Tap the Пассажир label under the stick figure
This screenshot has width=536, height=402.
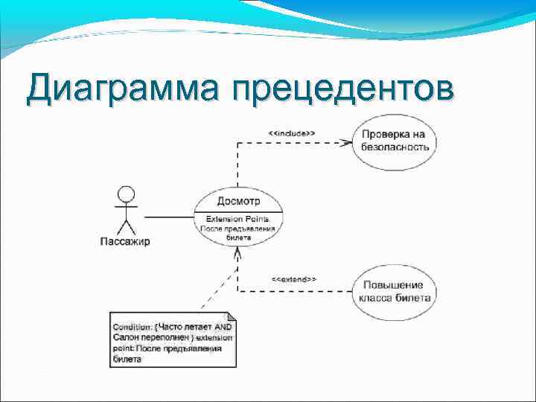[x=125, y=240]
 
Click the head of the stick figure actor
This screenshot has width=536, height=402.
[x=126, y=195]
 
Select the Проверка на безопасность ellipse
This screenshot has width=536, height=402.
[x=395, y=141]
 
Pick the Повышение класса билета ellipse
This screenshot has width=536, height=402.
[x=395, y=291]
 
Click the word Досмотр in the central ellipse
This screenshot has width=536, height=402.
[x=238, y=201]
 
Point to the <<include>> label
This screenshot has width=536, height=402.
[x=291, y=133]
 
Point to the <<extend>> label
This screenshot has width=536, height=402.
[x=293, y=279]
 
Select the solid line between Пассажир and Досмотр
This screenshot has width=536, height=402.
[x=168, y=217]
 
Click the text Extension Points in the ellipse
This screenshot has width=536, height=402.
[x=238, y=219]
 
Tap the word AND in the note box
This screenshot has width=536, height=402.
[x=223, y=327]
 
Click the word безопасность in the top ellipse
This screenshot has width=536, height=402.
[x=395, y=147]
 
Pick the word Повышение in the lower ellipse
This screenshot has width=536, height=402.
[x=394, y=285]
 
